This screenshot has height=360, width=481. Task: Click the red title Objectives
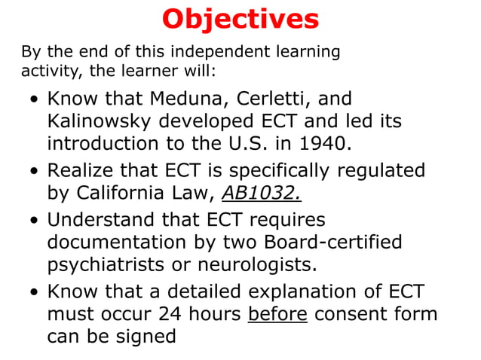[240, 19]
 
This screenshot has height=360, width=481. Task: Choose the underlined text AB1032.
[261, 192]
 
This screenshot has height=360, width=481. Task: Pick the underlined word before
[277, 313]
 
